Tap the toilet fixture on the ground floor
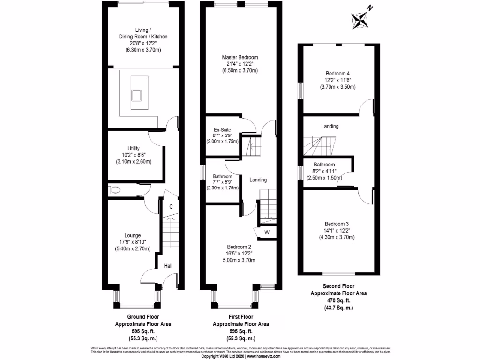click(114, 190)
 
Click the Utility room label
click(134, 149)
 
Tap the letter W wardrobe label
click(266, 232)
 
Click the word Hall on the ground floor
click(168, 266)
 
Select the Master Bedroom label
click(240, 58)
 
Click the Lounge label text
click(133, 235)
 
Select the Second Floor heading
click(338, 286)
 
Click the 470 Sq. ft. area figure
click(338, 300)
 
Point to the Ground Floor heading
click(143, 317)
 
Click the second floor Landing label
click(330, 126)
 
